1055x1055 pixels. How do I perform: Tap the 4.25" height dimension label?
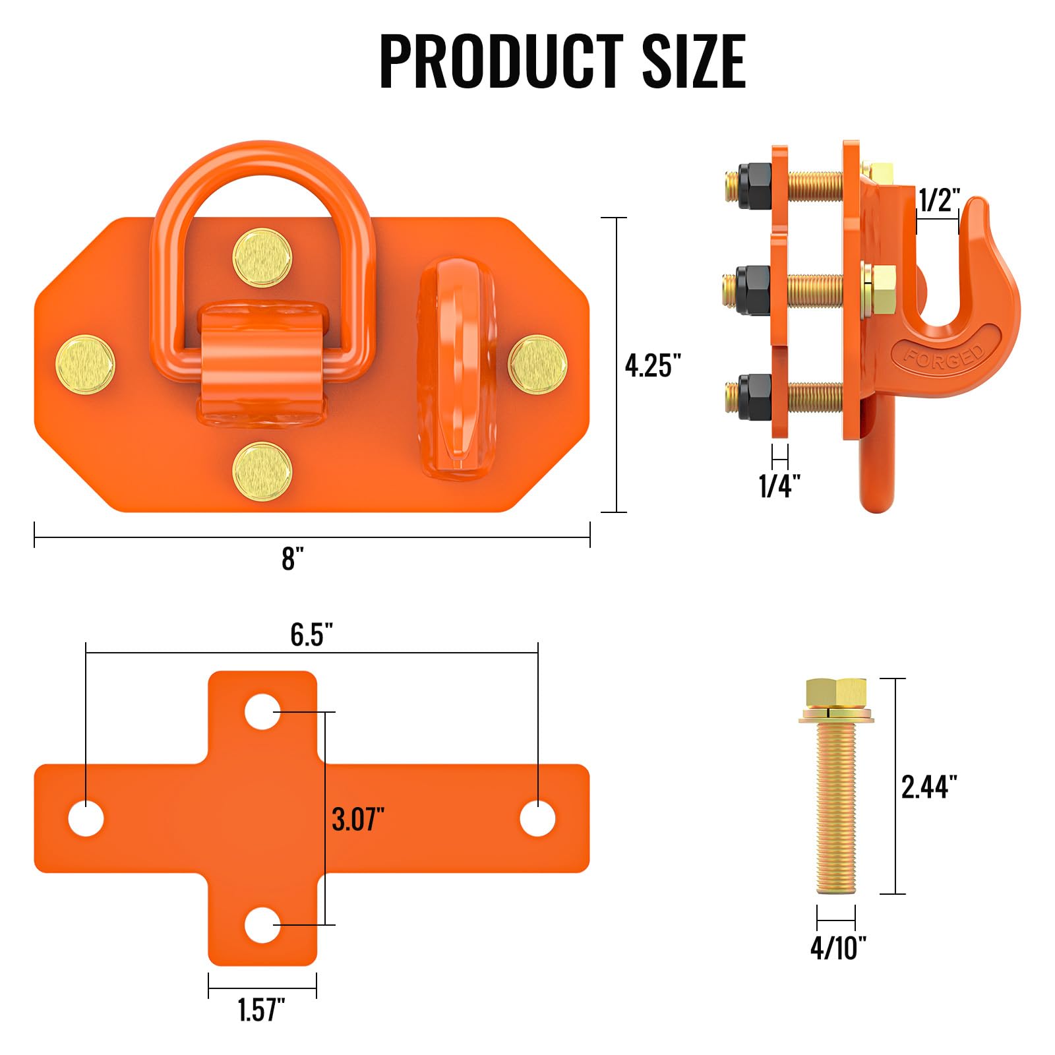pos(652,365)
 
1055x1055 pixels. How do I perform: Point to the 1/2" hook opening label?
pos(939,200)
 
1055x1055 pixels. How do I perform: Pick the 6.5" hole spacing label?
pos(311,634)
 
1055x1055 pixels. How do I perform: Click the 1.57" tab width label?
pos(261,1010)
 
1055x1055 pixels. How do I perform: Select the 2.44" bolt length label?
pos(928,787)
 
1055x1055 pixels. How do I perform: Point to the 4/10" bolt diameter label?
pos(837,948)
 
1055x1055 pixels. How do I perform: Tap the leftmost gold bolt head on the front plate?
pos(85,365)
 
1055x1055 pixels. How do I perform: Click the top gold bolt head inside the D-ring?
pos(262,258)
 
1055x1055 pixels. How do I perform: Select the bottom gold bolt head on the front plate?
pos(262,471)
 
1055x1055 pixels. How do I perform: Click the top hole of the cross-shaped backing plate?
pos(262,711)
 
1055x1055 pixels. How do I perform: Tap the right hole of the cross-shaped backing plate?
pos(537,818)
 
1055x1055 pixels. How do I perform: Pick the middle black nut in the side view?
pos(753,291)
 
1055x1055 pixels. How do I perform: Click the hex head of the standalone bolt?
pos(835,693)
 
